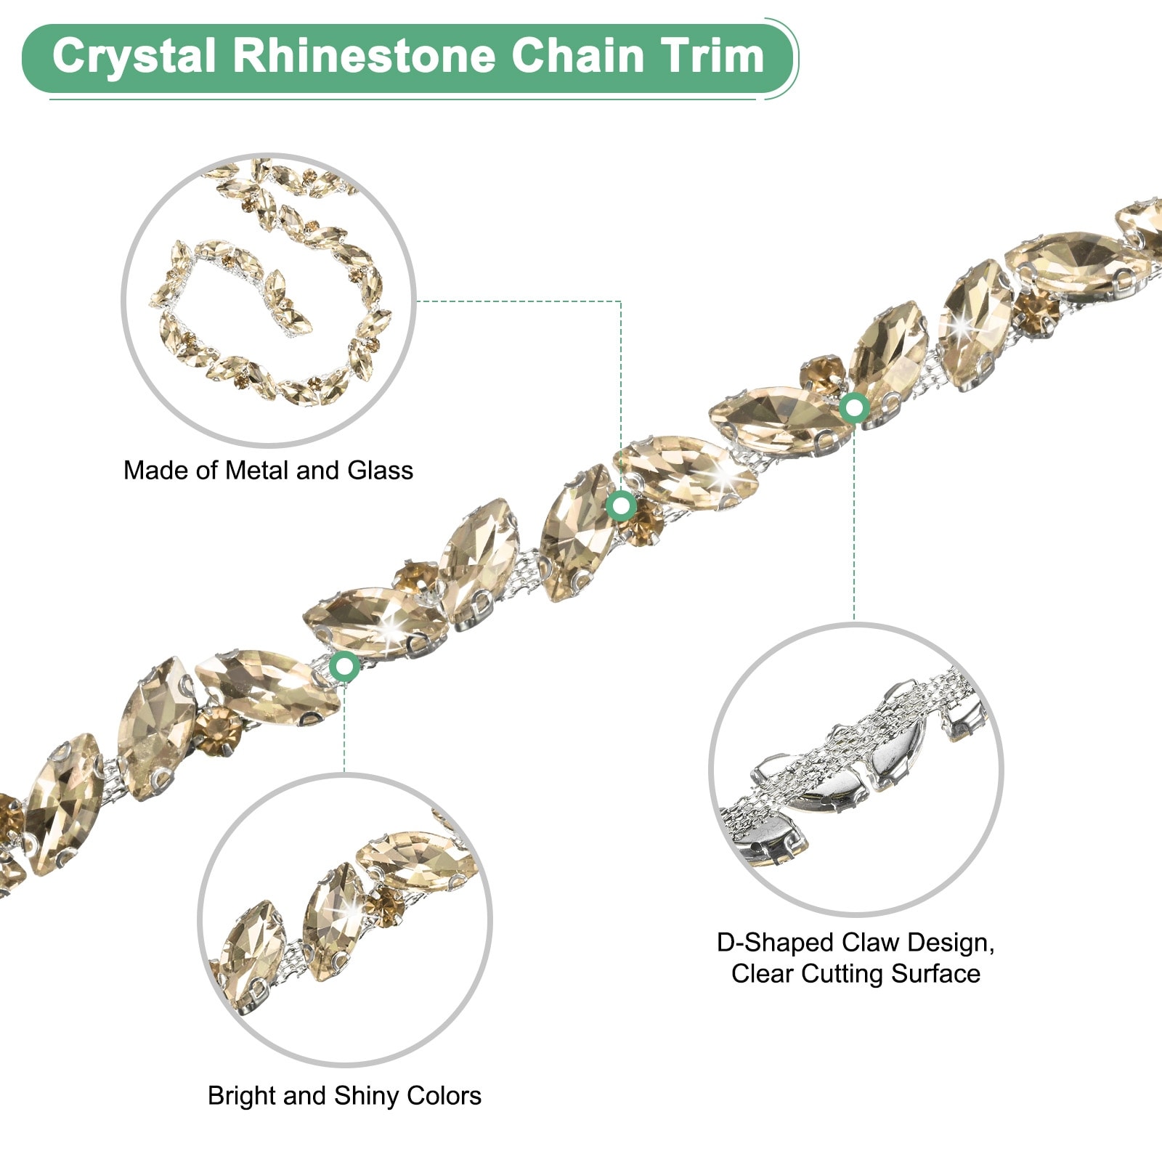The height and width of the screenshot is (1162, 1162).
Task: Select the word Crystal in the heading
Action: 134,57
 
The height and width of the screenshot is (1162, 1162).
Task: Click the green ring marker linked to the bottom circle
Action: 344,666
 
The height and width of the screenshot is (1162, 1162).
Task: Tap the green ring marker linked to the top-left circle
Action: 621,505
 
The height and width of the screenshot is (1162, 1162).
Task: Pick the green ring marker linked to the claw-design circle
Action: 854,408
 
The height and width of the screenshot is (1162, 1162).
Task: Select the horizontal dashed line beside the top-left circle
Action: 519,301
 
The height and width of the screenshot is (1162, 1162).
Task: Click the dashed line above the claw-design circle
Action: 854,523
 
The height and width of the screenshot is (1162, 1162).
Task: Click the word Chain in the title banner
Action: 578,56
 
